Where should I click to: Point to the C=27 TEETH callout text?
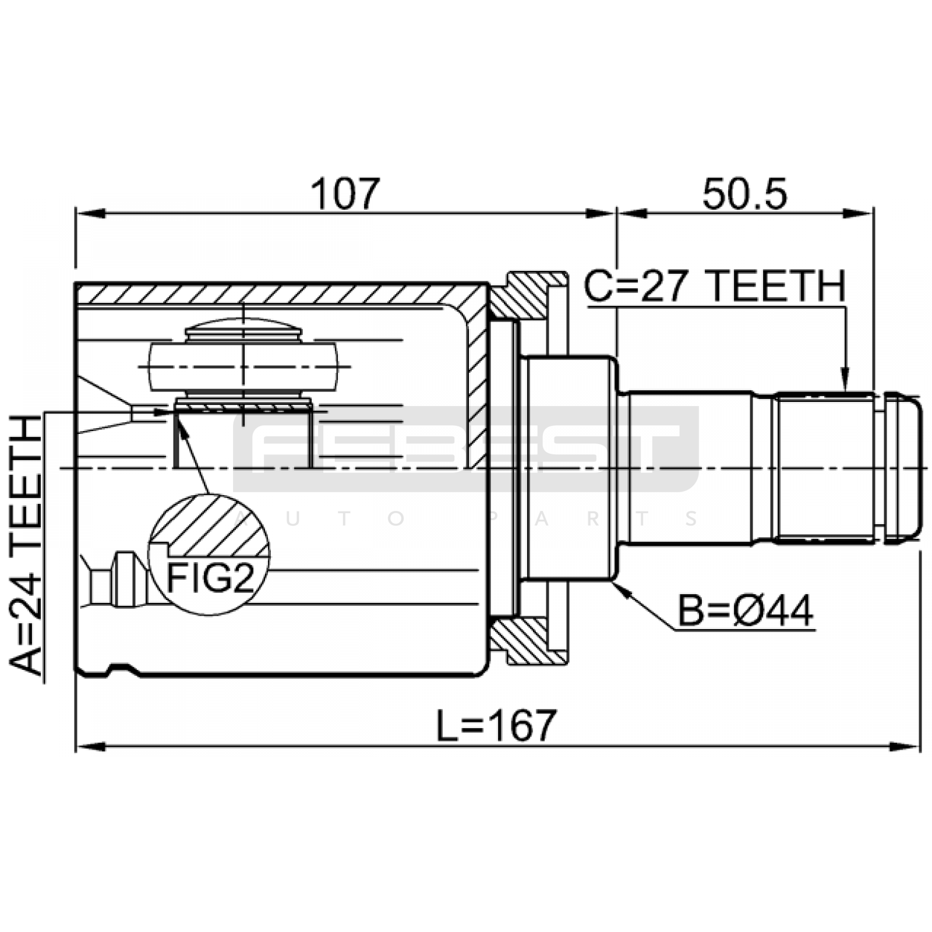[x=715, y=287]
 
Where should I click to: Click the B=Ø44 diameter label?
[x=746, y=611]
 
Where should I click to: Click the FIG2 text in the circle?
[x=210, y=578]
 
